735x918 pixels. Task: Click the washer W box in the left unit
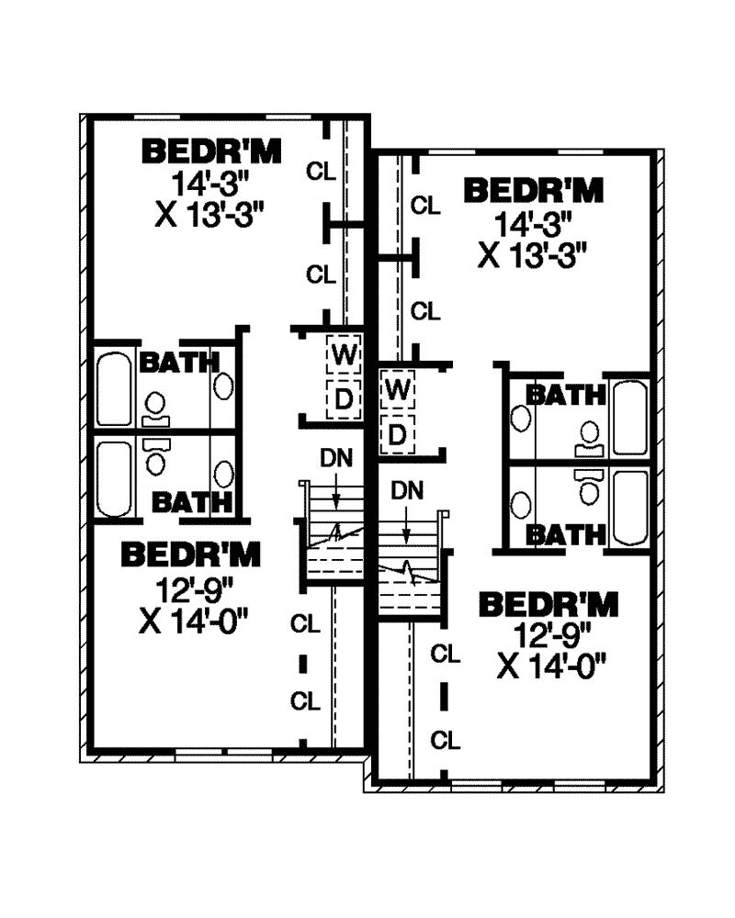[344, 354]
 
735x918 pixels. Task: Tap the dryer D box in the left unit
[344, 399]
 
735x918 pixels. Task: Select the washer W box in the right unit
[398, 389]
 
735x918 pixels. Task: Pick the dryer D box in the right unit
[398, 435]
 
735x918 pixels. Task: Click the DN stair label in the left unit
[336, 458]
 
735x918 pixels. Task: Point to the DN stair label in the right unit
[407, 490]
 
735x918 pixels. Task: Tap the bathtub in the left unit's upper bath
[114, 388]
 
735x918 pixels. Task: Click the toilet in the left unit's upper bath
[155, 409]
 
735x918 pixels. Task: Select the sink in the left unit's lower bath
[223, 475]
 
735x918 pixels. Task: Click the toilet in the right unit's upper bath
[590, 440]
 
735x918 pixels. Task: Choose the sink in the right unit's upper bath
[521, 420]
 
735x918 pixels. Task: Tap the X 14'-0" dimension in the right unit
[551, 666]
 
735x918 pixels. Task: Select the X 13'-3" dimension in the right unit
[532, 255]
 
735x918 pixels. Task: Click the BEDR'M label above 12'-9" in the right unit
[548, 605]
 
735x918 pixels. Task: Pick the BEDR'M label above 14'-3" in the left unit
[211, 151]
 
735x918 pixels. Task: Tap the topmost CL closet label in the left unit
[322, 172]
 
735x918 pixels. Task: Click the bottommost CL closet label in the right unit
[446, 741]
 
